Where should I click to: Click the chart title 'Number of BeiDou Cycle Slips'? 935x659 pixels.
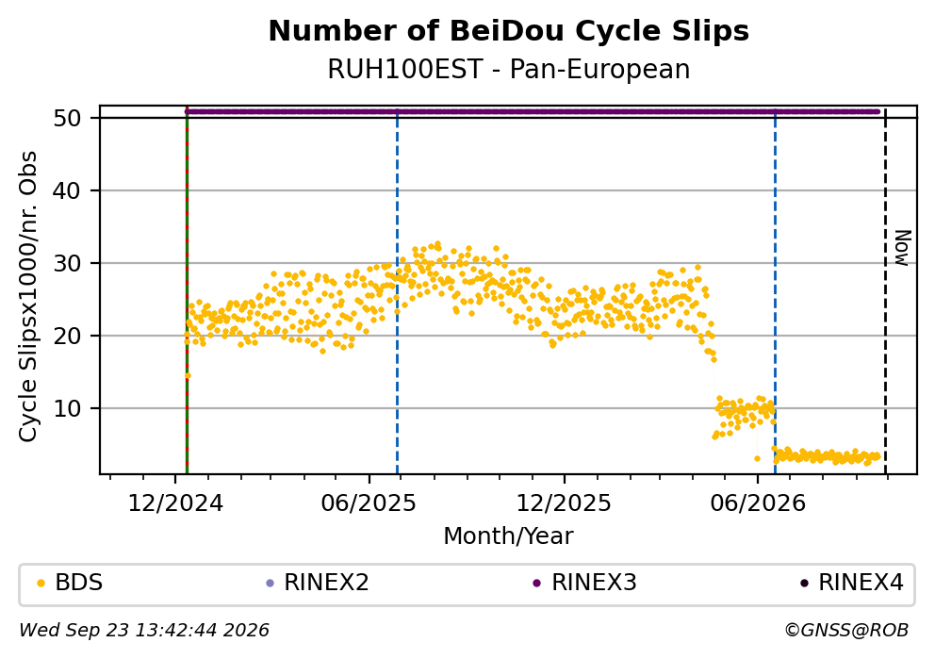point(509,31)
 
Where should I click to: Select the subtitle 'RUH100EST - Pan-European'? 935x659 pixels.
point(509,69)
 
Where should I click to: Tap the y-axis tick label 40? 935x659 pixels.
point(67,190)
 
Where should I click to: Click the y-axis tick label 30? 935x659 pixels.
point(67,263)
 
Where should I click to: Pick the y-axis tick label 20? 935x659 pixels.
point(67,336)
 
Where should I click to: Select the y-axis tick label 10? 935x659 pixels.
point(67,408)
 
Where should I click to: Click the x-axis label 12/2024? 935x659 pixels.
point(175,503)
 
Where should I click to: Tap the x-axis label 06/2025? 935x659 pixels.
point(369,503)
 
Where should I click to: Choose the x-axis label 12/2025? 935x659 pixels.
point(564,503)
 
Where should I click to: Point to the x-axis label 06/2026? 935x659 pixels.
point(757,503)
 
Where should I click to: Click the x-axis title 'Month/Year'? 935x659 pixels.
point(509,535)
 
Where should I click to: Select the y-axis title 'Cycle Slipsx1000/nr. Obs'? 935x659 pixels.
point(28,296)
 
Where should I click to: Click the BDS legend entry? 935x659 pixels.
point(70,582)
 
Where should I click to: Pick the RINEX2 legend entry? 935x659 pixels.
point(318,582)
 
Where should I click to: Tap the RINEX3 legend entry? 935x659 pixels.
point(585,582)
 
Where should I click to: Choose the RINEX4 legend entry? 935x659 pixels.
point(852,582)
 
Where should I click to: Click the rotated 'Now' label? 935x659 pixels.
point(903,248)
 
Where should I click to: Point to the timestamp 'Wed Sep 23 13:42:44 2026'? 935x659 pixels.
point(144,630)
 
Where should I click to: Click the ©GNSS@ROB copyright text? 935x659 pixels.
point(846,630)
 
